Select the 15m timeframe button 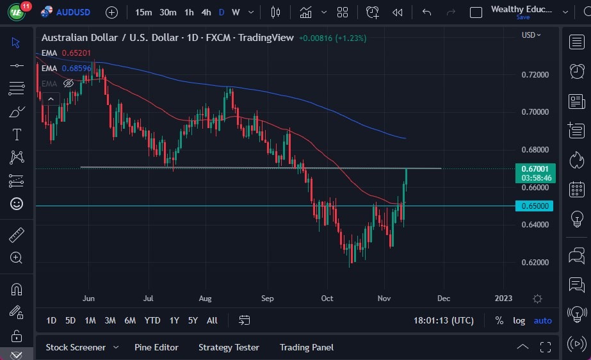coord(143,12)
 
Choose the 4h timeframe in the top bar coord(206,12)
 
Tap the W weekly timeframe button coord(236,12)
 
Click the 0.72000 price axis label coord(535,75)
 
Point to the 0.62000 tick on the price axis coord(535,263)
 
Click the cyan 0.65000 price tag coord(535,206)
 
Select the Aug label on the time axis coord(205,299)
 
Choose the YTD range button coord(152,320)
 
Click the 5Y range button coord(192,320)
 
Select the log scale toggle coord(519,320)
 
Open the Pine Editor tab coord(156,347)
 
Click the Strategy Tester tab coord(229,347)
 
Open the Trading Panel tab coord(306,347)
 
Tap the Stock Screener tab coord(76,347)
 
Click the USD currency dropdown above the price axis coord(531,35)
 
